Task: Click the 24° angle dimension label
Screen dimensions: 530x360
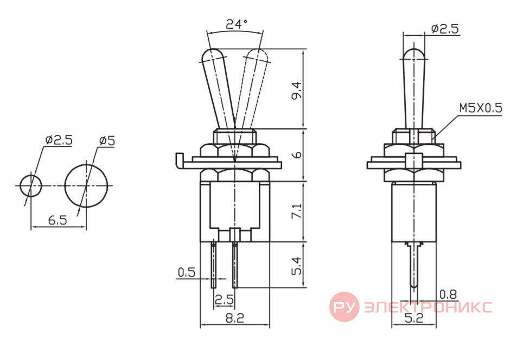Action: click(237, 24)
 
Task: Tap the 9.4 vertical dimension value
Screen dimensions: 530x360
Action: click(297, 91)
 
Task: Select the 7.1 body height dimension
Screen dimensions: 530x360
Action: click(297, 211)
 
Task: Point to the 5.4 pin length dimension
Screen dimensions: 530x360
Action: click(297, 266)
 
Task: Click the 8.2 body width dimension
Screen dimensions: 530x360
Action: click(234, 318)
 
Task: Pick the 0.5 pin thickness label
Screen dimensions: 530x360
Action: click(186, 272)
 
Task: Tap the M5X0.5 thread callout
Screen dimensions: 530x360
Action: click(481, 108)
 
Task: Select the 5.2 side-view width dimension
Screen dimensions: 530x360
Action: click(414, 318)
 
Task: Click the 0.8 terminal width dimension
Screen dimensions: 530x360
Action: click(448, 294)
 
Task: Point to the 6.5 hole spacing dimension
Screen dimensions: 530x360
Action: click(58, 220)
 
